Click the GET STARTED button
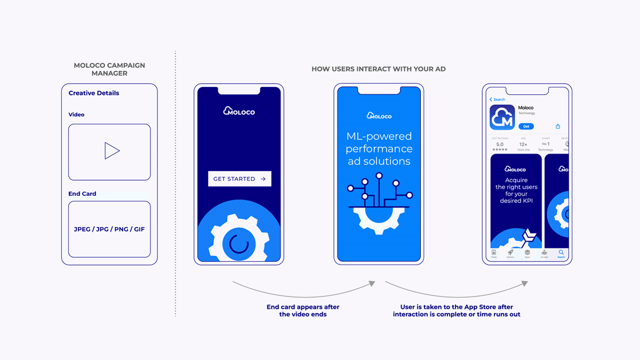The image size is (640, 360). pyautogui.click(x=239, y=179)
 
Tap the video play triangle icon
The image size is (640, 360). pyautogui.click(x=111, y=151)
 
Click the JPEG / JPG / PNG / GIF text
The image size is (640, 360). pyautogui.click(x=109, y=229)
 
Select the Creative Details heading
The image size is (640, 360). pyautogui.click(x=94, y=93)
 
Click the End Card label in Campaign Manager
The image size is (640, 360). pyautogui.click(x=82, y=194)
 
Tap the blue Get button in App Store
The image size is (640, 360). pyautogui.click(x=526, y=126)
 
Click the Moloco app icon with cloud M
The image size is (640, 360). pyautogui.click(x=502, y=117)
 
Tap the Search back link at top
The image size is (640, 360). pyautogui.click(x=498, y=99)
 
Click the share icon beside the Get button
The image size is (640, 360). pyautogui.click(x=558, y=126)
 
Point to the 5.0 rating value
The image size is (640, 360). pyautogui.click(x=500, y=144)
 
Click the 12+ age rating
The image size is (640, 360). pyautogui.click(x=523, y=144)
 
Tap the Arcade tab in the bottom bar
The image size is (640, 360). pyautogui.click(x=544, y=253)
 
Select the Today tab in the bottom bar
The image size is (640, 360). pyautogui.click(x=494, y=253)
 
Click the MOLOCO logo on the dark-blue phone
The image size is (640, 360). pyautogui.click(x=239, y=111)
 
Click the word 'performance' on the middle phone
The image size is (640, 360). pyautogui.click(x=379, y=149)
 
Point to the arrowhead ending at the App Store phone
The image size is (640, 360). pyautogui.click(x=525, y=284)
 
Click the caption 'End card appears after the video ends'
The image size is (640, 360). pyautogui.click(x=303, y=310)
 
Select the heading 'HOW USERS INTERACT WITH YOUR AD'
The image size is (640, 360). pyautogui.click(x=379, y=69)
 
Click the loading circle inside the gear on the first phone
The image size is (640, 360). pyautogui.click(x=238, y=244)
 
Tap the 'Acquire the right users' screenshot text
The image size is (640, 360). pyautogui.click(x=516, y=190)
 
